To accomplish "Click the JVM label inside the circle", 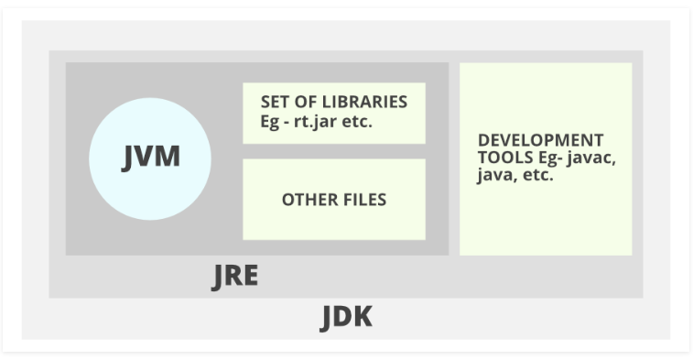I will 150,157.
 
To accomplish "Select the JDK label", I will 346,317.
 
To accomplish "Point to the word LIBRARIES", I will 365,102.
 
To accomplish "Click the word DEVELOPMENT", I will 540,140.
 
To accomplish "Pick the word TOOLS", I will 502,158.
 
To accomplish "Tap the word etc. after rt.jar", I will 357,121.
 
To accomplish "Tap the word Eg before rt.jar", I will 271,121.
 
